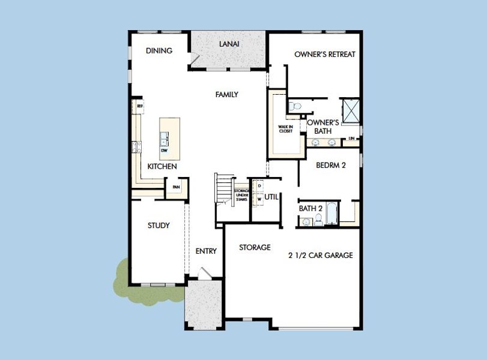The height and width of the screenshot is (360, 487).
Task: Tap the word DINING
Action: [x=159, y=51]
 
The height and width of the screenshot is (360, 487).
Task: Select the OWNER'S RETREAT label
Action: [x=325, y=55]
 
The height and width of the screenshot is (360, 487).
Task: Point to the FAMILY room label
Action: [x=227, y=95]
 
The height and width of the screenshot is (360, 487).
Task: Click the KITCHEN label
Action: [x=162, y=166]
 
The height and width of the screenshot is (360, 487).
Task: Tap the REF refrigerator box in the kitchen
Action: [x=139, y=106]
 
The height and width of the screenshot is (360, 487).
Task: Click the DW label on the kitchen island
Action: [x=164, y=151]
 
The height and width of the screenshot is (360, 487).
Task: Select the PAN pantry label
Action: [x=176, y=187]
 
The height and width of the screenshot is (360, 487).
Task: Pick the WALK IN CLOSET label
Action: [x=285, y=129]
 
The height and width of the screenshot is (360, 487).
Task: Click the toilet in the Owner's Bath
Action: [x=294, y=106]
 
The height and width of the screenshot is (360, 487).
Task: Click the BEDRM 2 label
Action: [x=331, y=166]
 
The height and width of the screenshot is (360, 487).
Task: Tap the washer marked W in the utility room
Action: [x=259, y=199]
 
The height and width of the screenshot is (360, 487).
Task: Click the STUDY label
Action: [x=159, y=226]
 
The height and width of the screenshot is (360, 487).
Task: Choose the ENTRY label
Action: [x=206, y=251]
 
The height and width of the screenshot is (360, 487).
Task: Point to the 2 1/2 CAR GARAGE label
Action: [x=320, y=255]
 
